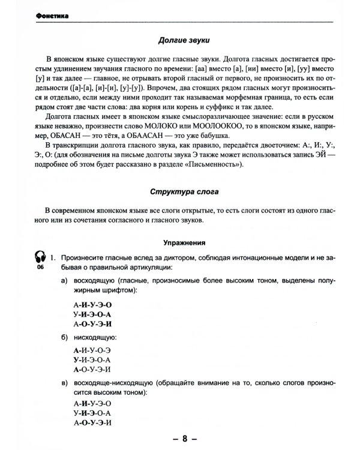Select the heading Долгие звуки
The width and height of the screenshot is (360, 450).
tap(183, 41)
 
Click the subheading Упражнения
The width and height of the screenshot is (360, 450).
tap(182, 244)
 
